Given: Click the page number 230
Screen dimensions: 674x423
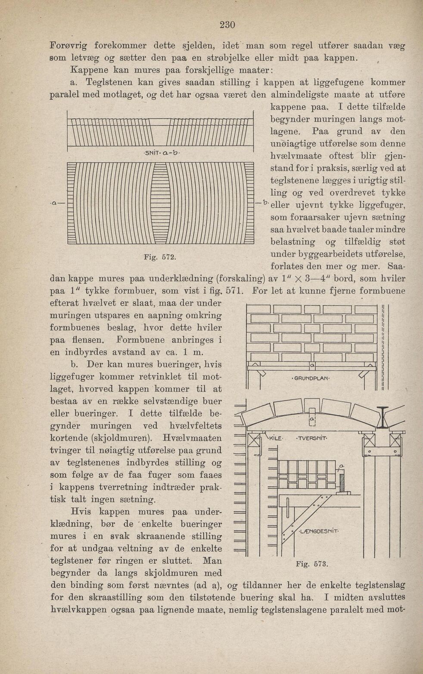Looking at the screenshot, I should (227, 25).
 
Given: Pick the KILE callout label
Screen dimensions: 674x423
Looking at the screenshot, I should (276, 438).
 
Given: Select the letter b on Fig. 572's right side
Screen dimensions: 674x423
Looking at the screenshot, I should (266, 203).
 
